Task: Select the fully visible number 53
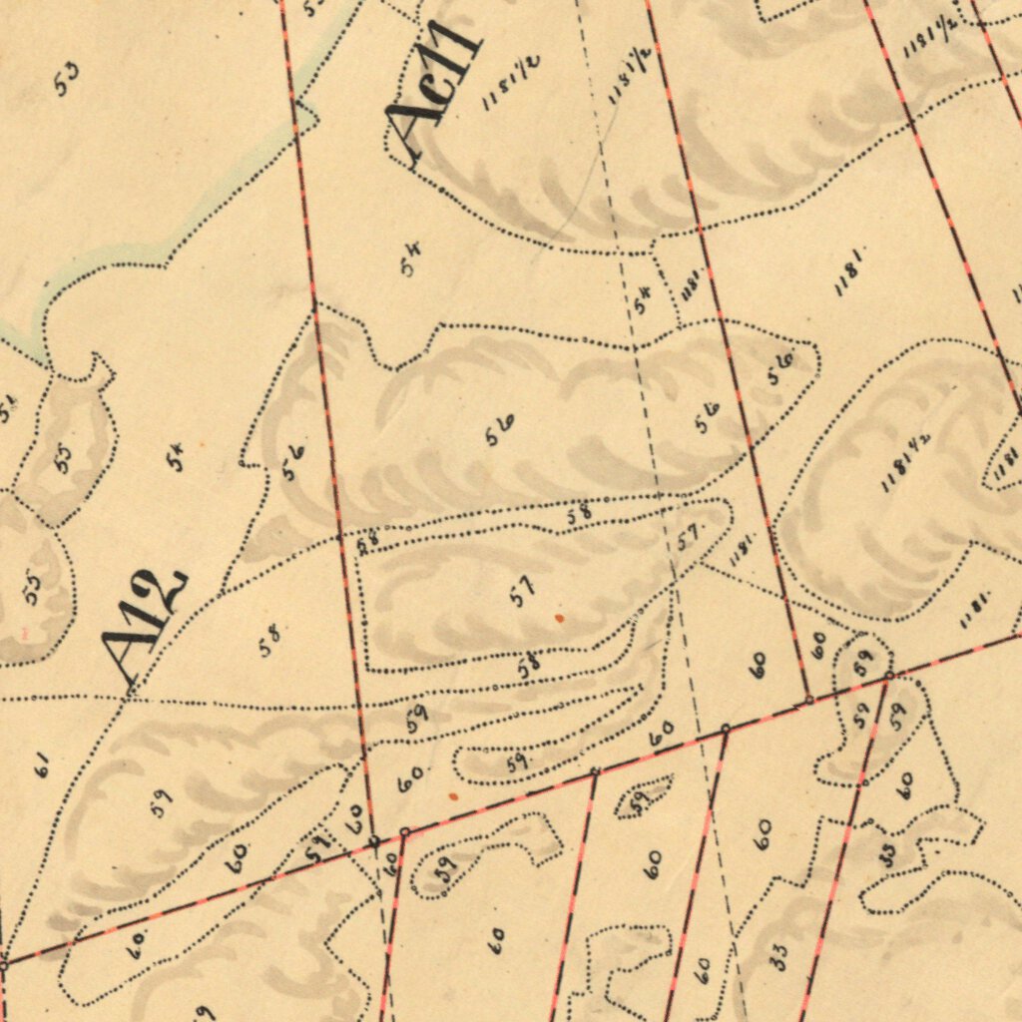(x=67, y=79)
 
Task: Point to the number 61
(x=41, y=766)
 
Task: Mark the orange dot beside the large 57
(x=559, y=619)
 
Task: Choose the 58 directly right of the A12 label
(x=269, y=639)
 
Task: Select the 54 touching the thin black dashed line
(x=642, y=298)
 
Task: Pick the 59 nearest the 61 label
(x=161, y=801)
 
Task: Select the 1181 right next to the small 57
(x=744, y=548)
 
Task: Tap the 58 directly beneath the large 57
(x=528, y=666)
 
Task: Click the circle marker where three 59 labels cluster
(x=888, y=677)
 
